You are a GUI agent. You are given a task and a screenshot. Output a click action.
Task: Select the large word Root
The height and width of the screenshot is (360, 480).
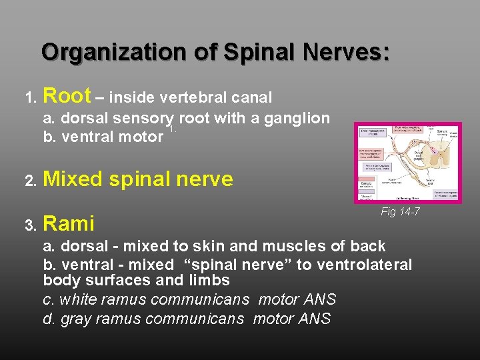click(67, 97)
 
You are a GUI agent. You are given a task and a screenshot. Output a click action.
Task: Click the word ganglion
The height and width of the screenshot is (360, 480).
click(298, 119)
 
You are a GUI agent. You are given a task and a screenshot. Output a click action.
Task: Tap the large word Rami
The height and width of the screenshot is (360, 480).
click(69, 223)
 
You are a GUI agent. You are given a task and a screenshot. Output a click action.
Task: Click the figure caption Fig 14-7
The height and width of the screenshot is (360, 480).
click(400, 212)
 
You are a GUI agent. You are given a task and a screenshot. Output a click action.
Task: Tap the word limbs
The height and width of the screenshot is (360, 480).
click(210, 281)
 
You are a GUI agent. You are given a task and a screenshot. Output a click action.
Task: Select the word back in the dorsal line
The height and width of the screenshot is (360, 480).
click(368, 246)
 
